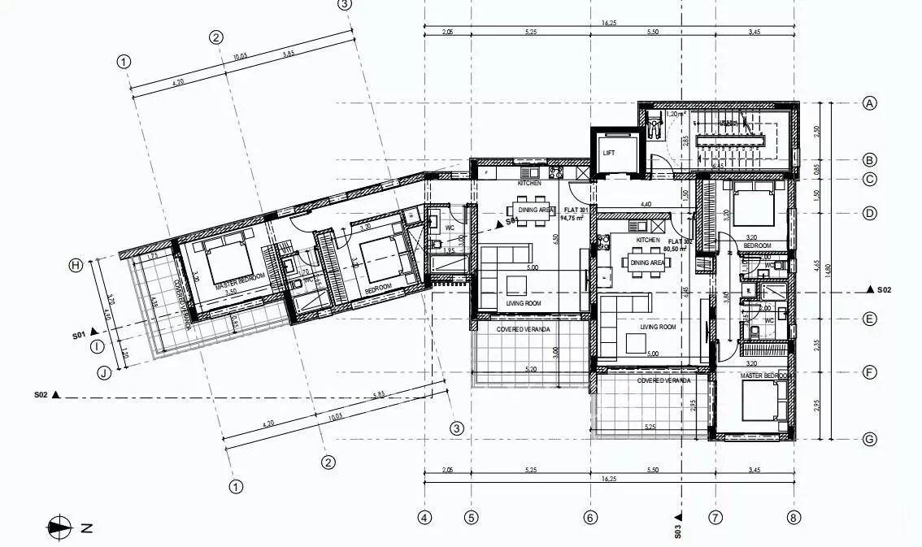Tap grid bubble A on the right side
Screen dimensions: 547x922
click(x=869, y=103)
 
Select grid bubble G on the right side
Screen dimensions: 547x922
click(x=869, y=440)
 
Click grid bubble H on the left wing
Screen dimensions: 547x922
click(x=76, y=265)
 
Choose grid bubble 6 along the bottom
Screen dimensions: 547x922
click(x=590, y=517)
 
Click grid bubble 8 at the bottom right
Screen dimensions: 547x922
click(x=794, y=517)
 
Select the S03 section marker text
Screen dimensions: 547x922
click(x=677, y=531)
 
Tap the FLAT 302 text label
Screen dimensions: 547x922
click(x=680, y=242)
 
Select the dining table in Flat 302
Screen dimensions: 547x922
click(x=646, y=263)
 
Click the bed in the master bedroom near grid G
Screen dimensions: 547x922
click(x=764, y=401)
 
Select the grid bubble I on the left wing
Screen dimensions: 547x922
click(x=98, y=346)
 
